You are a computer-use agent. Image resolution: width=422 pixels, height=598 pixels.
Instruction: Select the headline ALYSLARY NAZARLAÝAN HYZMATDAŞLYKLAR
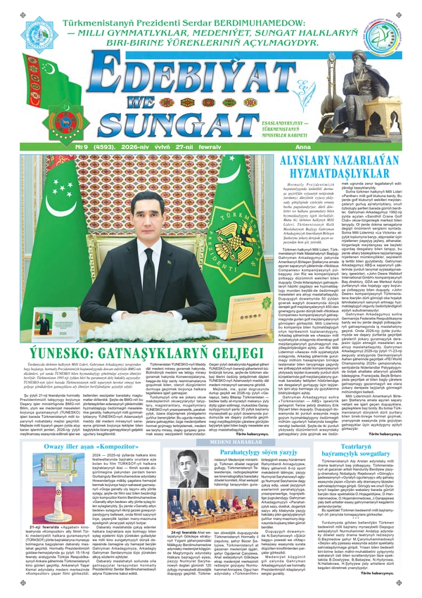(341, 166)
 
